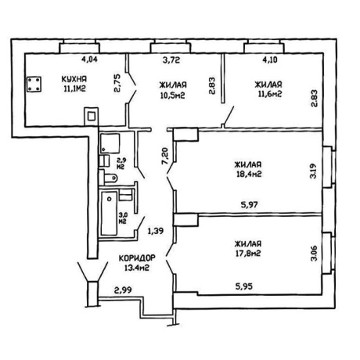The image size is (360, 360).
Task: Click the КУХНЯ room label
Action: (74, 79)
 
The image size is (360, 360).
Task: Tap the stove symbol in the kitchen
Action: (34, 84)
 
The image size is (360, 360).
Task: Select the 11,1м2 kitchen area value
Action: (74, 89)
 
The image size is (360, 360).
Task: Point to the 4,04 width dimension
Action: (89, 59)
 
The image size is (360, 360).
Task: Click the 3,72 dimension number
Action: (171, 60)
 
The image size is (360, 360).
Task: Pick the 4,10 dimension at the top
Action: (270, 59)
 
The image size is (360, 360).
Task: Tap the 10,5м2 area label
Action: (172, 95)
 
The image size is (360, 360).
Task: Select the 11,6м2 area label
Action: (270, 94)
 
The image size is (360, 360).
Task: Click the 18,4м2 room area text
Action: (248, 175)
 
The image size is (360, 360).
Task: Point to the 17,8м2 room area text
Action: (248, 254)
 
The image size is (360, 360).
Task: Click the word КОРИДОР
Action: (137, 258)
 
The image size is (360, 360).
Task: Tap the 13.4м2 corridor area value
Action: (137, 268)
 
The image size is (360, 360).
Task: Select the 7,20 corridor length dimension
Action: (165, 157)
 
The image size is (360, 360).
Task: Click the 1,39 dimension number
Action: (156, 231)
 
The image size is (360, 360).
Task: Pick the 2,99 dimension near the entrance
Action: (123, 290)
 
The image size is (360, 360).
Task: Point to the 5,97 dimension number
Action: (250, 205)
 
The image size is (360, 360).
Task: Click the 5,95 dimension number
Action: (244, 286)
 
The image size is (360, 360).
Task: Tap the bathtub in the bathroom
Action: (109, 213)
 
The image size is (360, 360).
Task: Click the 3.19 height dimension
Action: (313, 171)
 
